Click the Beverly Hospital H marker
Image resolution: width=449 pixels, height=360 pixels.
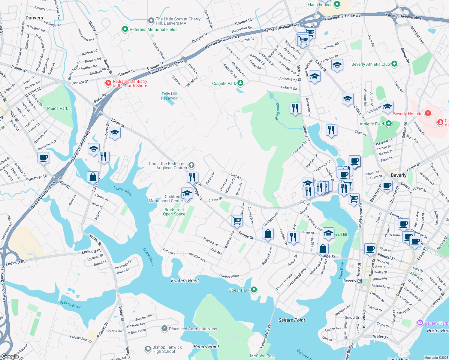(x=428, y=113)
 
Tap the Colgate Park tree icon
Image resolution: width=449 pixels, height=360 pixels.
(x=240, y=83)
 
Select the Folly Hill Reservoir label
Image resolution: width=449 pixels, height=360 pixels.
(x=169, y=96)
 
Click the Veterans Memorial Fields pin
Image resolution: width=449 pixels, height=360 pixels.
(x=125, y=29)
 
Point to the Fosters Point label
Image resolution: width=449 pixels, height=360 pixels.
(x=185, y=280)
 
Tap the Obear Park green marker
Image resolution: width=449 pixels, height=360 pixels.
(x=254, y=289)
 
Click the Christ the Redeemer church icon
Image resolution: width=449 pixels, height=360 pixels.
(x=191, y=165)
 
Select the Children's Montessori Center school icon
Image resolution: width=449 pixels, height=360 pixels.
(x=187, y=193)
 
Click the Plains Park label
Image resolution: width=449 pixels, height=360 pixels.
(x=58, y=108)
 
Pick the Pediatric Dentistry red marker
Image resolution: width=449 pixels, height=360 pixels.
(x=108, y=83)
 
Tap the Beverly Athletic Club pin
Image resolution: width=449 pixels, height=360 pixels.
(x=394, y=64)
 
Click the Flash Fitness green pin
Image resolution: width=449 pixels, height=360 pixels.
(x=337, y=4)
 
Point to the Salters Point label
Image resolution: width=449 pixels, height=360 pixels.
(x=291, y=320)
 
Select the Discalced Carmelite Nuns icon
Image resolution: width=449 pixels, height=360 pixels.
(x=164, y=328)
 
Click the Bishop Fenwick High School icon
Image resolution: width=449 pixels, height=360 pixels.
(x=148, y=349)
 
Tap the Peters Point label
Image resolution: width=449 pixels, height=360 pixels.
(x=206, y=346)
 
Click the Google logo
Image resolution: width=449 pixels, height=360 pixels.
(x=10, y=356)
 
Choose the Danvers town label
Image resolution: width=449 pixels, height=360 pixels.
(x=34, y=18)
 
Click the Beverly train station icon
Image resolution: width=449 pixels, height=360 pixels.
(x=360, y=281)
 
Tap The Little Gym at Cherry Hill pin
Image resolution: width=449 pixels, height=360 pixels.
(x=151, y=21)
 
